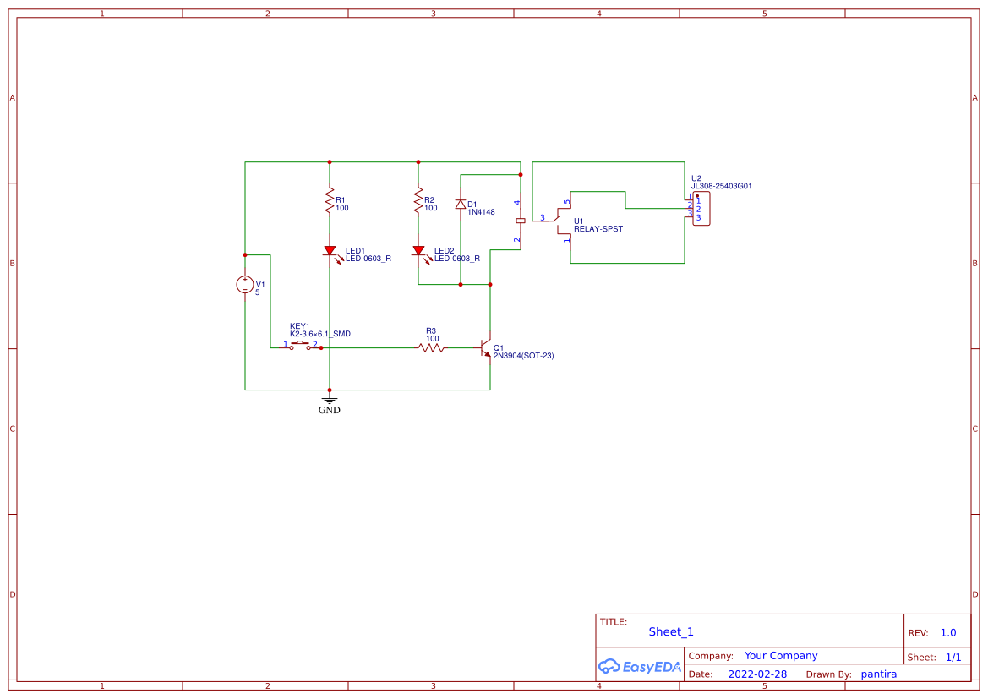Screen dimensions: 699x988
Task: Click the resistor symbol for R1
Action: click(330, 201)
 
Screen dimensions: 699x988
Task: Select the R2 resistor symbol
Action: click(418, 201)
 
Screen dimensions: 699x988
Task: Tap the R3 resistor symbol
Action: click(431, 347)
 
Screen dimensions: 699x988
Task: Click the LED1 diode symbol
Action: click(330, 251)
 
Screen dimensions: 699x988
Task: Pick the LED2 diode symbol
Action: click(418, 251)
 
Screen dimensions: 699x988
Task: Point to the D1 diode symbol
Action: click(461, 204)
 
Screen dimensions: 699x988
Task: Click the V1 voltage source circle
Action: click(245, 285)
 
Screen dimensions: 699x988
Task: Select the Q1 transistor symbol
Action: click(486, 347)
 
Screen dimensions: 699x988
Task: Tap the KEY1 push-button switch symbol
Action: click(300, 345)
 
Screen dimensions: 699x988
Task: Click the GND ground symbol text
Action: click(330, 410)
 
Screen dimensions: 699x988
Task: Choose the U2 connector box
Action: click(701, 209)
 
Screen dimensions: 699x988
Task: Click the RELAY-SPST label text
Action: click(598, 229)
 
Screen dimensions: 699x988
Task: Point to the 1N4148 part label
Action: click(481, 212)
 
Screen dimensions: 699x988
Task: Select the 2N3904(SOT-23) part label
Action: click(523, 356)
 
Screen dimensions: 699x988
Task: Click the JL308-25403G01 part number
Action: click(721, 186)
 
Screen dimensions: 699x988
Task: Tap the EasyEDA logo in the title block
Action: click(640, 666)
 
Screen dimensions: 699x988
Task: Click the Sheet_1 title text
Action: click(671, 631)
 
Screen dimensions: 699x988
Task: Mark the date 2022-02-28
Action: click(757, 674)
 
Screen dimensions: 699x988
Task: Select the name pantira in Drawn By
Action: click(878, 674)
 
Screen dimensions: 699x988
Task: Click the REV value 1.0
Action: click(948, 632)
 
